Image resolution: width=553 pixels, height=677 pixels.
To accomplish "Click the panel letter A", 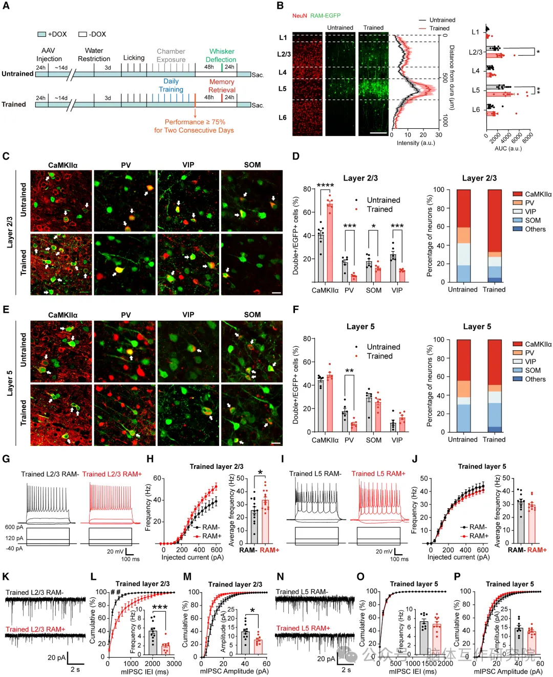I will point(6,6).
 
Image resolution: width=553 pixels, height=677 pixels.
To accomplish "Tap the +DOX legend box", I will point(41,34).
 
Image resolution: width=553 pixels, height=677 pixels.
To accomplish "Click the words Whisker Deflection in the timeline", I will point(221,55).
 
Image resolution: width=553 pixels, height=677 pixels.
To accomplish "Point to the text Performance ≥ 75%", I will point(195,122).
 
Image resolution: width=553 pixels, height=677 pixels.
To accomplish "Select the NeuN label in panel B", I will point(300,16).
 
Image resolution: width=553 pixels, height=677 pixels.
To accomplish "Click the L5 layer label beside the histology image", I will point(283,88).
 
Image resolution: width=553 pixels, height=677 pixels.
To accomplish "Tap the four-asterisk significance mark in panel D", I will point(325,186).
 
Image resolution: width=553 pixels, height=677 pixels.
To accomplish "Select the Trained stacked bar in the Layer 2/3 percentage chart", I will point(495,236).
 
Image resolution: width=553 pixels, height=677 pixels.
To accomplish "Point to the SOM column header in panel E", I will point(252,314).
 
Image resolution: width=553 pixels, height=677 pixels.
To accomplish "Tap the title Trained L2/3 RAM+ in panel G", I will point(112,474).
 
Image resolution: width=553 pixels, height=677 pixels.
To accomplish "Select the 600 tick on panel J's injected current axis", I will point(482,550).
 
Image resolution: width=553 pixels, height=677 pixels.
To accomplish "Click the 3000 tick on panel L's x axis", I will point(174,664).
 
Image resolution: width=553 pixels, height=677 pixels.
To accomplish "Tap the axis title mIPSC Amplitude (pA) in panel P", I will point(508,671).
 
